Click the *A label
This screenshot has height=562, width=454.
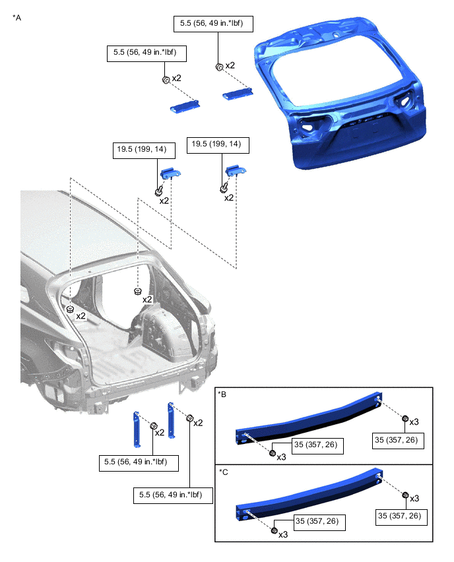coord(17,18)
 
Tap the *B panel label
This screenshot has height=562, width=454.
coord(222,394)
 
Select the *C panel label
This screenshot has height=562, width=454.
coord(224,472)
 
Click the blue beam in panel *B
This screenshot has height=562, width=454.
coord(308,420)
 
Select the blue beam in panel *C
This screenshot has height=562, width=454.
coord(308,497)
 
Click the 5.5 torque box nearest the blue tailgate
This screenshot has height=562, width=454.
coord(213,24)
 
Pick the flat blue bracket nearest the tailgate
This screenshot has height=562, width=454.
coord(238,94)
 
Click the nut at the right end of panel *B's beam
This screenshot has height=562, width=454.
coord(405,418)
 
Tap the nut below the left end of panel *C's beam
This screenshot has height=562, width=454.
coord(275,530)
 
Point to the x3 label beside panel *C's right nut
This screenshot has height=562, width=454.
coord(414,499)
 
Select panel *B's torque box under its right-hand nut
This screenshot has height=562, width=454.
coord(398,441)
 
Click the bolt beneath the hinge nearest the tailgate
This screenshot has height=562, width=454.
coord(224,187)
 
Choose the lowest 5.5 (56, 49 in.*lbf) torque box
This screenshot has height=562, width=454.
coord(173,495)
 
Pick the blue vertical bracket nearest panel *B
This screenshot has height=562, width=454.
coord(172,420)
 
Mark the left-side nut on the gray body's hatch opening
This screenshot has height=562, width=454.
coord(71,309)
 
